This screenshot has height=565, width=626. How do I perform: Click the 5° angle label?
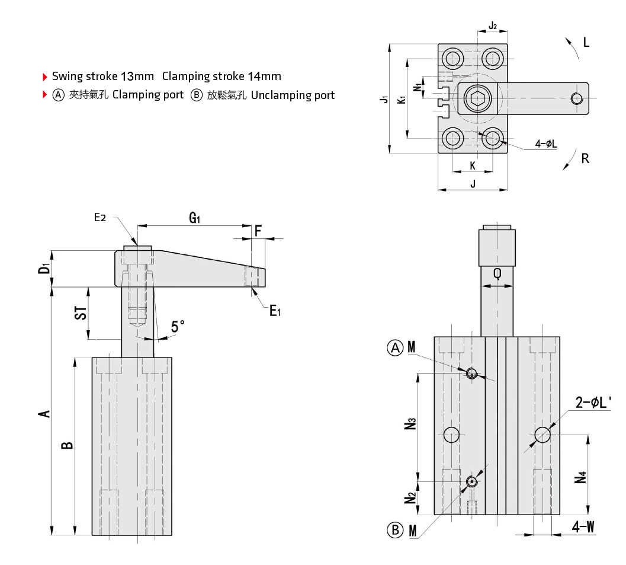click(178, 326)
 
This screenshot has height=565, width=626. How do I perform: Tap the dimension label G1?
click(195, 218)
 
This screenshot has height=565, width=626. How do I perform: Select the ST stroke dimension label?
click(81, 312)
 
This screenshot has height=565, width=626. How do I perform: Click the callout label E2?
click(100, 218)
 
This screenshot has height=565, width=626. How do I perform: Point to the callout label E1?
click(275, 309)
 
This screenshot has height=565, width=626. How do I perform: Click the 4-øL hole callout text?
click(545, 144)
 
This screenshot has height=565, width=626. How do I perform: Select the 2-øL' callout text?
click(593, 403)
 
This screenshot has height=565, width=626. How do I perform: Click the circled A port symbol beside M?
click(395, 348)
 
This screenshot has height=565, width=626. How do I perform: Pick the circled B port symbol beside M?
click(395, 529)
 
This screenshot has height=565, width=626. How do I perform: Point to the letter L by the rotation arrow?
click(586, 42)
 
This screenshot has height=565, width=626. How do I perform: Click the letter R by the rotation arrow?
click(585, 158)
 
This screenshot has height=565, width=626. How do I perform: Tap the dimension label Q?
click(497, 274)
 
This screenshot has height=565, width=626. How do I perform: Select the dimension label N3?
click(412, 425)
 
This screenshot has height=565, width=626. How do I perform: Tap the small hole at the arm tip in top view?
click(574, 98)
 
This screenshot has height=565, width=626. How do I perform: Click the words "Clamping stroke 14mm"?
click(221, 76)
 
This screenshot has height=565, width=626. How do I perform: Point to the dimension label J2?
click(493, 26)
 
